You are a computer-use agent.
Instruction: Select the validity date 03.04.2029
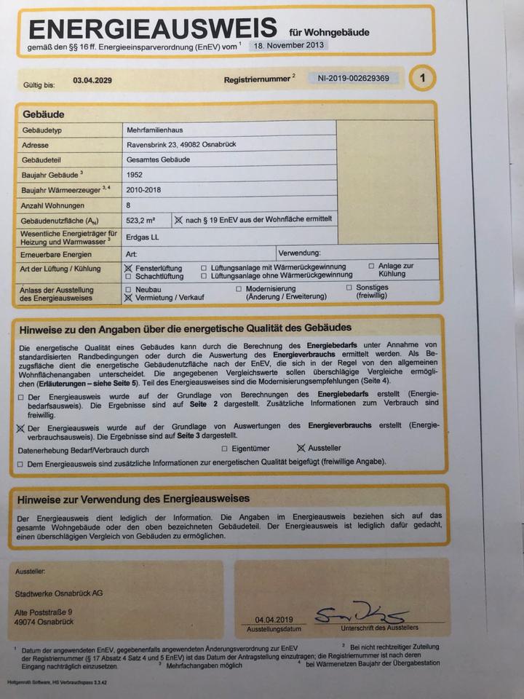point(93,82)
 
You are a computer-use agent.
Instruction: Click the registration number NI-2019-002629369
point(353,78)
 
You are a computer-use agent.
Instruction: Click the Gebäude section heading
point(44,114)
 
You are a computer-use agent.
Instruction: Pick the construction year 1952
point(134,175)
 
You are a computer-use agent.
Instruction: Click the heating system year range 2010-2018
point(143,190)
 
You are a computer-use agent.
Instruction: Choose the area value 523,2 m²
point(141,220)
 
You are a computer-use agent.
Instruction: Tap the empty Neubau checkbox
point(129,288)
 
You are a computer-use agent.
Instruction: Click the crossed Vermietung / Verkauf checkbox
point(129,297)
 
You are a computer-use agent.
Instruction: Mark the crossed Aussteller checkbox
point(301,449)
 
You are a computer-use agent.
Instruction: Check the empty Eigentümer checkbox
point(225,449)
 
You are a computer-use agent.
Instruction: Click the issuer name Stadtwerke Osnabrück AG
point(59,593)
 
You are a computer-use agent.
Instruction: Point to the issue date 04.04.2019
point(263,620)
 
